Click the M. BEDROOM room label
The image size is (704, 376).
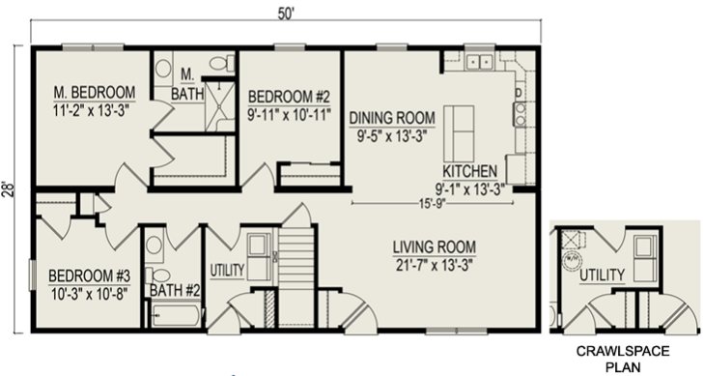point(95,92)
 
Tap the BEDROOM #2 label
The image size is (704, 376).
point(289,97)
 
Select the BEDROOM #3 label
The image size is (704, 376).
point(90,275)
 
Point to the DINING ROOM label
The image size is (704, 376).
point(392,118)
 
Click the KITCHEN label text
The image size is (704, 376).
point(469,171)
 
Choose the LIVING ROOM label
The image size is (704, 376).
point(435,247)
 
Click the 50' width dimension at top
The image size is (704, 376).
point(286,14)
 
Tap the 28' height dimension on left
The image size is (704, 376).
point(10,189)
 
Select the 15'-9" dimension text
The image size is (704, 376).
point(433,204)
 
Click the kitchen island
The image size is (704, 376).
point(459,133)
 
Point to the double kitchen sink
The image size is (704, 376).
point(479,62)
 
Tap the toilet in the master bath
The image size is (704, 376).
point(222,64)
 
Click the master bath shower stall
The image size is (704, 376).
point(220,106)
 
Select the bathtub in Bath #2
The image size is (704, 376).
point(176,316)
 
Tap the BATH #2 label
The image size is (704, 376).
point(175,291)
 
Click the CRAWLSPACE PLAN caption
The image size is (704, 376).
point(623,359)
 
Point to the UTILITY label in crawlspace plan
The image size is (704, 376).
point(602,275)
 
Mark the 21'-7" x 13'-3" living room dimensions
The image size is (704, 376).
point(435,266)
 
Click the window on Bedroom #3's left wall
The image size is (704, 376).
point(32,275)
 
